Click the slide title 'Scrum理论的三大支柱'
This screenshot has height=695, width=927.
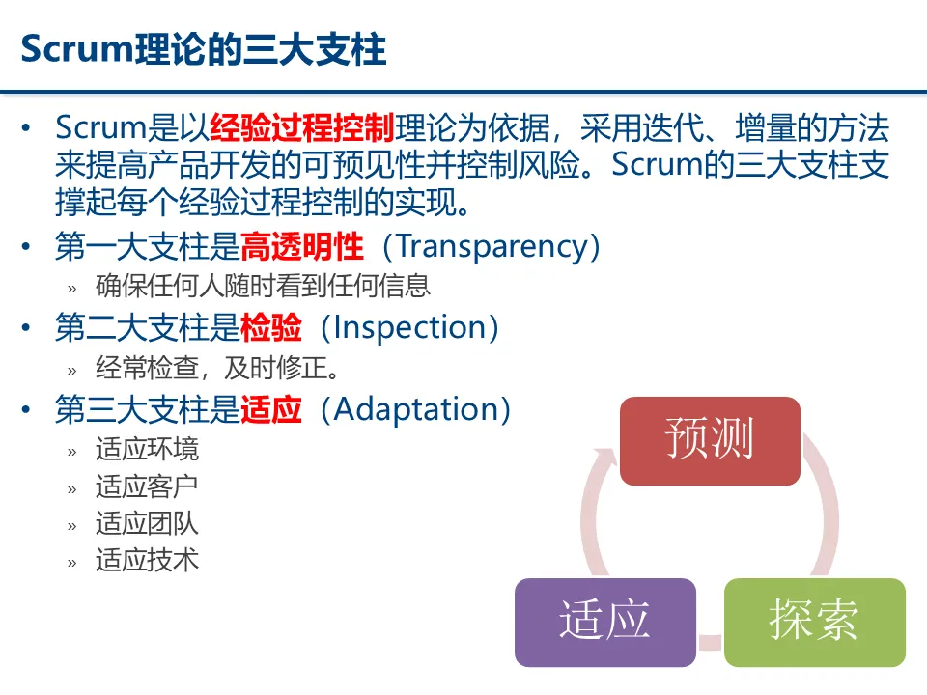coord(204,48)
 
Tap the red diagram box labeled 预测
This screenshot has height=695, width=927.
coord(710,440)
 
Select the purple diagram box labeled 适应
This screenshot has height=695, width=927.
coord(604,622)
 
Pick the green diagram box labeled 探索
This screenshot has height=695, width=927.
coord(814,622)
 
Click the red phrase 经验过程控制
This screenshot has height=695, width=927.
coord(301,127)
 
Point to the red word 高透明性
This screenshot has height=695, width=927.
coord(301,247)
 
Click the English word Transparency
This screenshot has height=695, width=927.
coord(492,247)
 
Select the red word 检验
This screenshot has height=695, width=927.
coord(270,328)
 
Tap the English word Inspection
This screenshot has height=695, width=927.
coord(408,328)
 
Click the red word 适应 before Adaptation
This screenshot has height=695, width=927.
coord(270,409)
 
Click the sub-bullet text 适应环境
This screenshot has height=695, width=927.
coord(147,449)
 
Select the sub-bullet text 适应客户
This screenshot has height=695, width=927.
coord(147,486)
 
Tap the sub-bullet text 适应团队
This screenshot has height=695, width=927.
coord(147,523)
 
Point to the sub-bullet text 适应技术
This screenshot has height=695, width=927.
coord(147,560)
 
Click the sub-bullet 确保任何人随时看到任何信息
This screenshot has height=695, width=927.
coord(263,286)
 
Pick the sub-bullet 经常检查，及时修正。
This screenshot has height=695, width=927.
coord(217,368)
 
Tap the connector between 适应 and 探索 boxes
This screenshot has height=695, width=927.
coord(710,640)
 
